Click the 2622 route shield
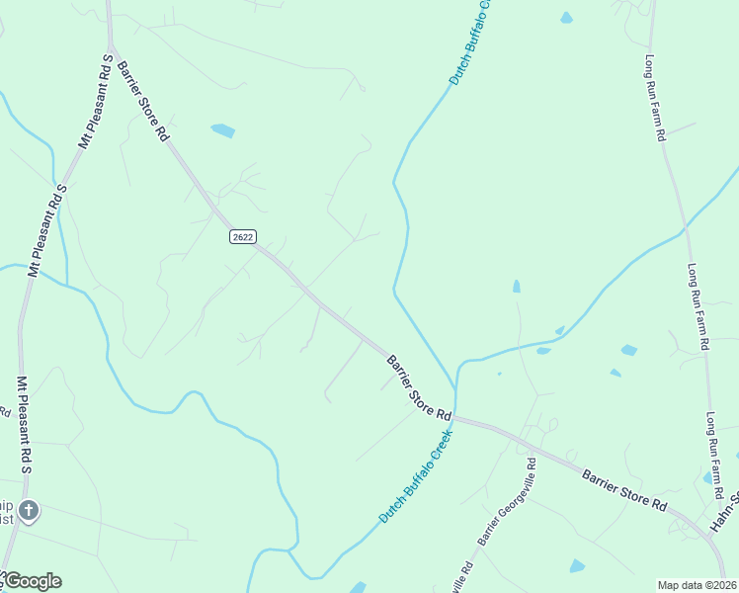pyautogui.click(x=242, y=236)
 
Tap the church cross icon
pyautogui.click(x=29, y=511)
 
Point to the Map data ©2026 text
pyautogui.click(x=697, y=585)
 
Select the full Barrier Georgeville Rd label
pyautogui.click(x=506, y=502)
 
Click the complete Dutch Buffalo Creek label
pyautogui.click(x=415, y=475)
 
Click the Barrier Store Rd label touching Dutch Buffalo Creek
pyautogui.click(x=418, y=386)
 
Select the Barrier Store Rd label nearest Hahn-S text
pyautogui.click(x=623, y=489)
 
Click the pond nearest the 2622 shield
pyautogui.click(x=223, y=129)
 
